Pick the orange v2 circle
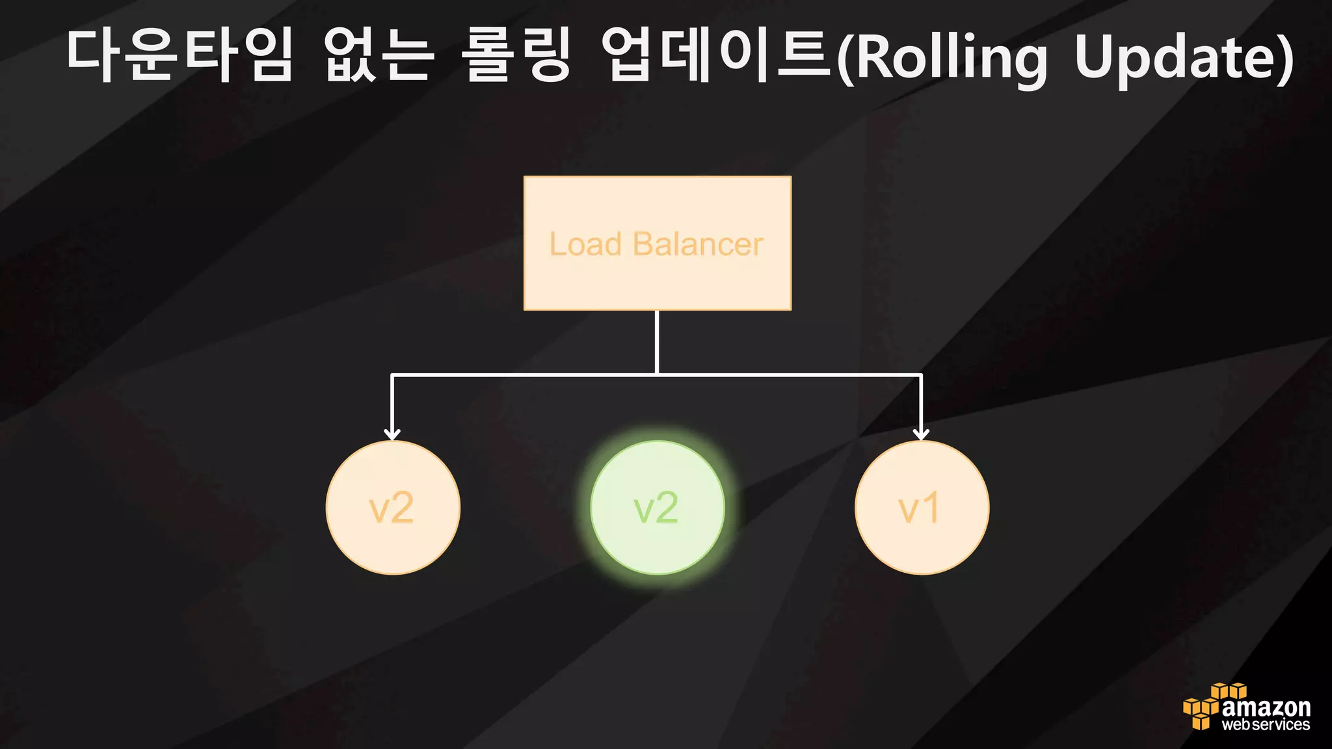[393, 508]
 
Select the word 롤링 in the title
[517, 56]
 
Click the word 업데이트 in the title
[715, 56]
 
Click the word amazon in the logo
[1266, 707]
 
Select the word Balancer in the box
[697, 244]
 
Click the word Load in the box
[585, 244]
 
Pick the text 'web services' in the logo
[1266, 725]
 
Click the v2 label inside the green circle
[656, 508]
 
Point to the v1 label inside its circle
[918, 508]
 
